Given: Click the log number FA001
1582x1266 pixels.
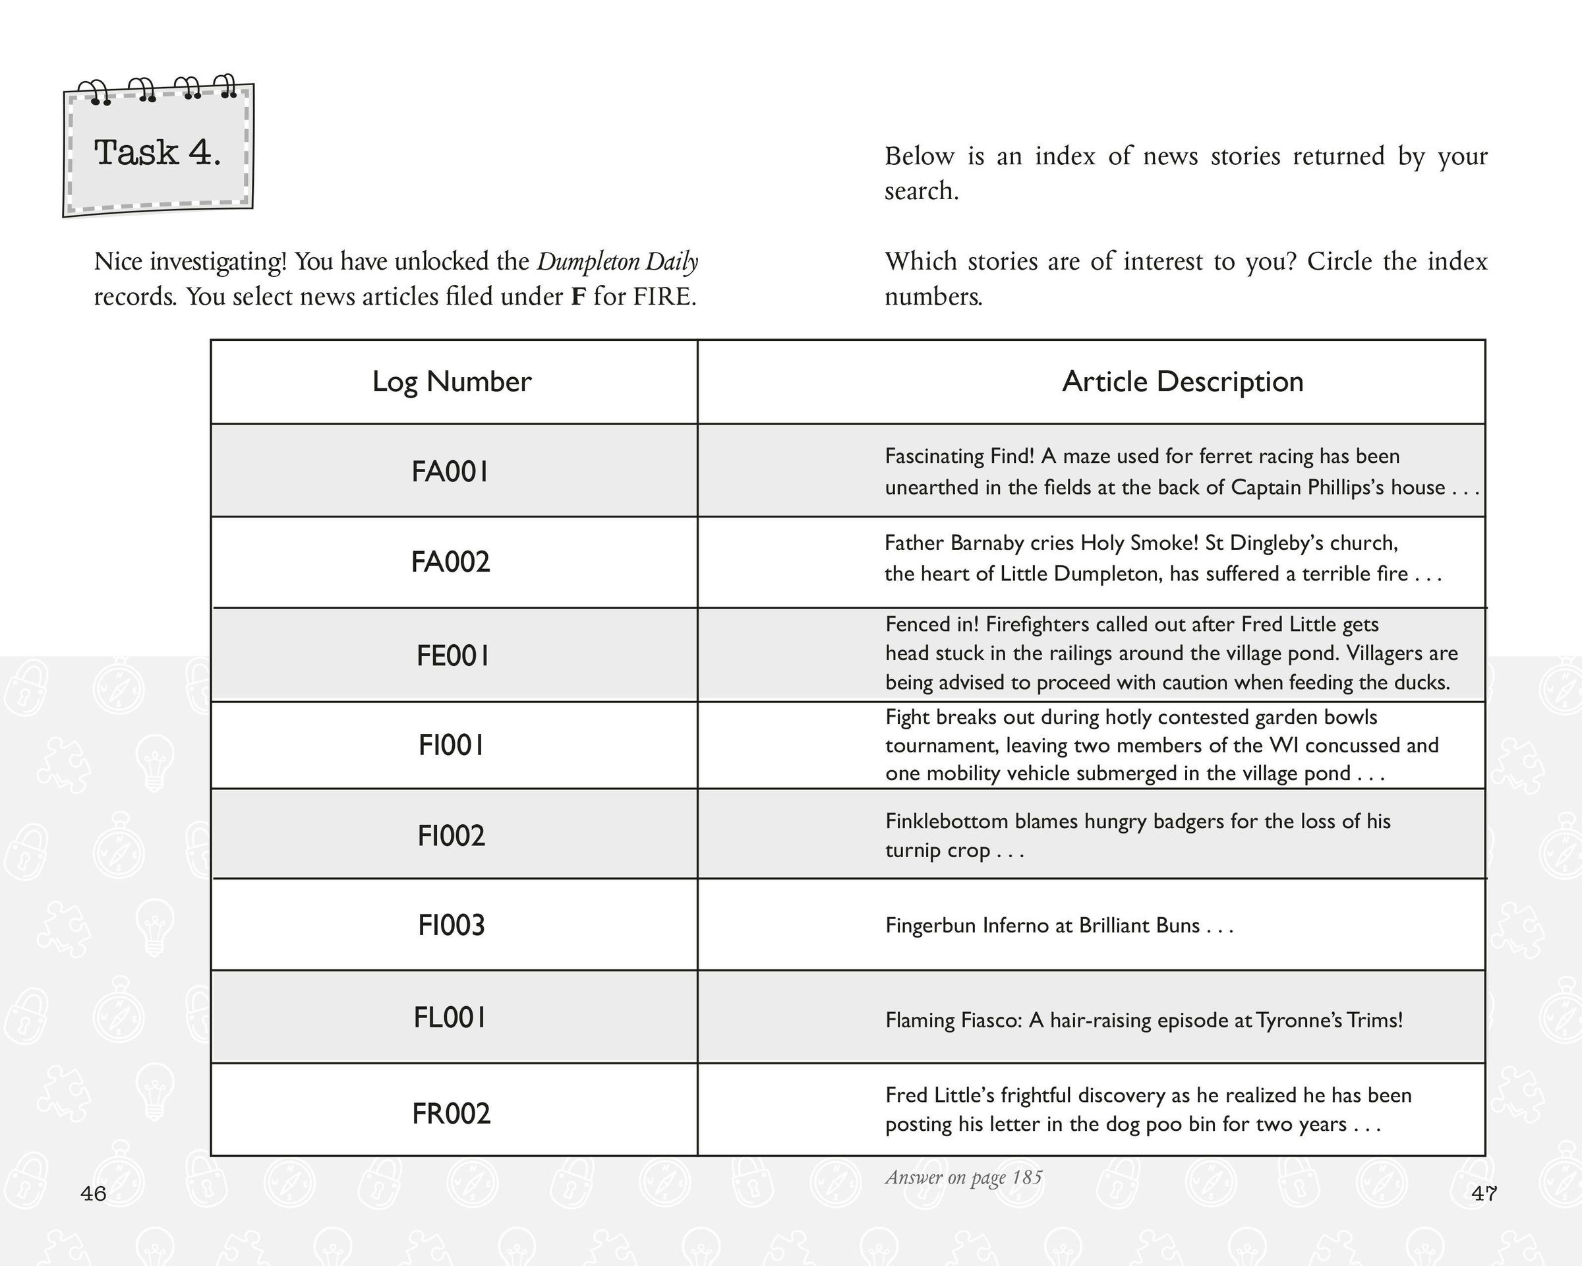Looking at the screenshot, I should (x=450, y=472).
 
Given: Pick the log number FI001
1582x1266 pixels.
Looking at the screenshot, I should (x=452, y=746).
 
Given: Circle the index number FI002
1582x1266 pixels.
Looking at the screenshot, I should (x=452, y=836).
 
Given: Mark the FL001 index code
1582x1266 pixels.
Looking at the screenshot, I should (x=450, y=1018).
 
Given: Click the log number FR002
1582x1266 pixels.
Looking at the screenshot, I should (x=452, y=1113).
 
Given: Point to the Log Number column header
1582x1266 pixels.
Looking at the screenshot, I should (x=452, y=382).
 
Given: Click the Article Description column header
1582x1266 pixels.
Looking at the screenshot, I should (x=1182, y=382).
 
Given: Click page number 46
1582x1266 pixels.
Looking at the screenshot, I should (x=93, y=1194).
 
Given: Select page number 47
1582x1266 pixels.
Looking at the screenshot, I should (x=1484, y=1194).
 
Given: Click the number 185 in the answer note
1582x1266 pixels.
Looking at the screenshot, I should (x=1026, y=1178).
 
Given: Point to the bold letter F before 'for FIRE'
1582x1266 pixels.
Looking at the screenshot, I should (x=578, y=297).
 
